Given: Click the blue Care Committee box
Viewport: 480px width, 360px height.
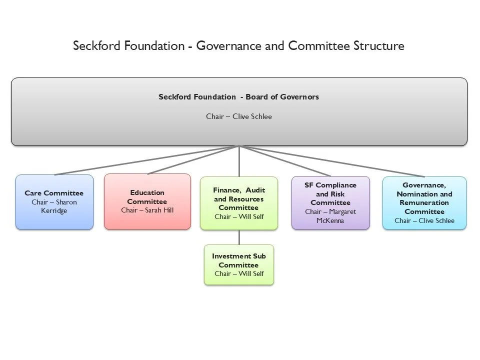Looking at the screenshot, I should [54, 202].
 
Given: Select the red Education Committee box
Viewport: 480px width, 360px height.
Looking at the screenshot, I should [147, 201].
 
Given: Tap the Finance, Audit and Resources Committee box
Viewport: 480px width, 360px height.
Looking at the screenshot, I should [239, 203].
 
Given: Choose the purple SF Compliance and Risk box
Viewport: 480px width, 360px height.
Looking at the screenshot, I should [330, 202].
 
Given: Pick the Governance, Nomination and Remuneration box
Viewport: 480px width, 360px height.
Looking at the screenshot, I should [424, 203].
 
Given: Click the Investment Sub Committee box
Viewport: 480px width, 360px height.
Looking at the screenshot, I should [239, 264].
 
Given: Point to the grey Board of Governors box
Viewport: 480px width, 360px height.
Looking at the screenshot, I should [239, 111].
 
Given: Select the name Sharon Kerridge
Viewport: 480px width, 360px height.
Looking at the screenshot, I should [55, 206].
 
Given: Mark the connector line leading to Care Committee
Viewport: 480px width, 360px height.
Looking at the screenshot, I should [145, 160].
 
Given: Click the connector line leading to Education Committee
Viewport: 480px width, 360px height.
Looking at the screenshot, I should [192, 160].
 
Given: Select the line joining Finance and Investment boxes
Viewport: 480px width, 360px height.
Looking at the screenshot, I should [239, 237].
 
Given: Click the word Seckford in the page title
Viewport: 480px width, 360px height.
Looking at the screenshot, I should [93, 46].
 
